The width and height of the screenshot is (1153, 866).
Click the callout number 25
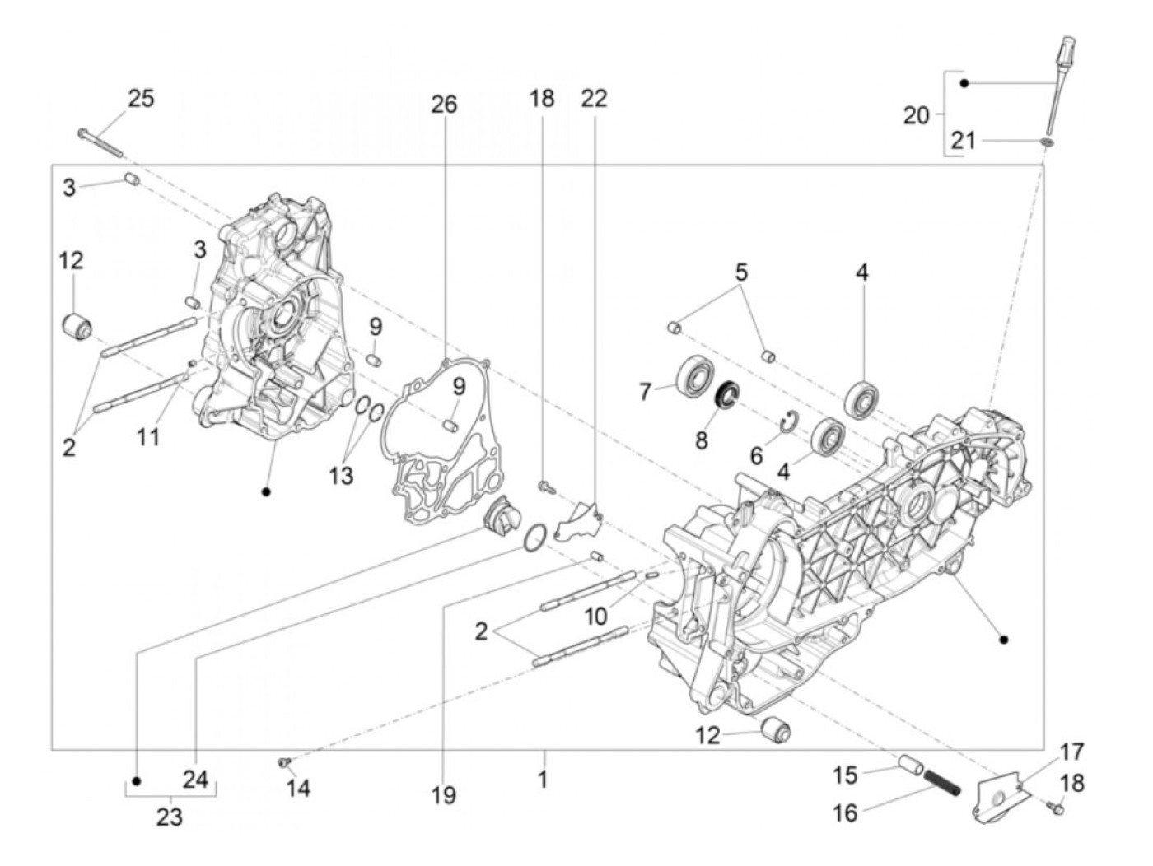(x=141, y=99)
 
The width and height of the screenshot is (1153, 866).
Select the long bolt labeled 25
(x=100, y=142)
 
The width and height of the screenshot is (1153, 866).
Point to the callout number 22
(x=594, y=98)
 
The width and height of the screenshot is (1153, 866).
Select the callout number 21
(x=963, y=142)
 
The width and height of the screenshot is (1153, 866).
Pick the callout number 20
(x=916, y=116)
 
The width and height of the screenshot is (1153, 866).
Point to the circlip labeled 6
(x=788, y=423)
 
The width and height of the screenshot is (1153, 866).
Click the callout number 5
(x=741, y=272)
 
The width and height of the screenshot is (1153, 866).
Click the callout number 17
(x=1071, y=752)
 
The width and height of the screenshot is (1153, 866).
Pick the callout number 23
(x=170, y=818)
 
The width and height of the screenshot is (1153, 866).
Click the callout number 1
(x=543, y=779)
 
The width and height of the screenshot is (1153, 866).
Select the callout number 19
(x=443, y=795)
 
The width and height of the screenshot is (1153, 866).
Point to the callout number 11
(x=148, y=436)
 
